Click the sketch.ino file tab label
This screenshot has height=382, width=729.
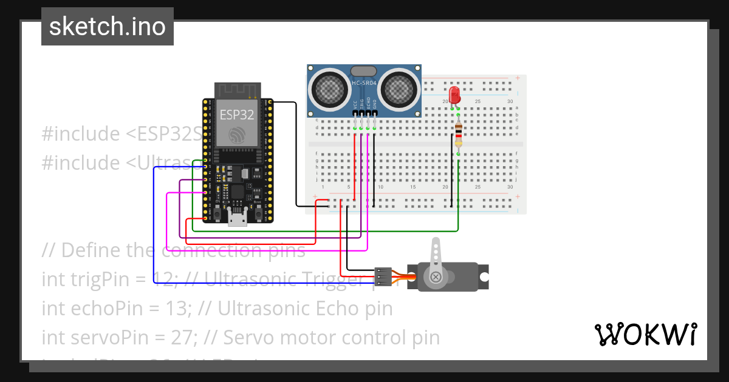click(108, 27)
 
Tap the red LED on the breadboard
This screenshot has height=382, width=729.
click(454, 95)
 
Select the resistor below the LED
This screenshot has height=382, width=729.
click(458, 133)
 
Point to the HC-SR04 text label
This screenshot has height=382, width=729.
click(364, 82)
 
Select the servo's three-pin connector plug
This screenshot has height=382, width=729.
click(382, 276)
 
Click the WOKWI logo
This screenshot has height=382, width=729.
click(645, 334)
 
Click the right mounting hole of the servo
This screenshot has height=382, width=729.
click(484, 277)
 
